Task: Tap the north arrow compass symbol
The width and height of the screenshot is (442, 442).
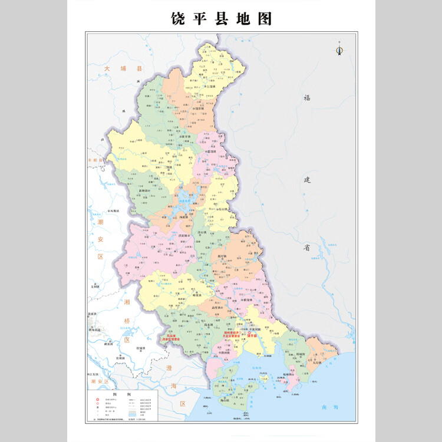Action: coord(339,50)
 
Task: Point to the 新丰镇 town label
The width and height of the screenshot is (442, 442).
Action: coord(184,136)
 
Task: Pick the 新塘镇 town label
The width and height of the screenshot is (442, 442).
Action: coord(144,191)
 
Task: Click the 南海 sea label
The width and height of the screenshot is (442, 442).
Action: coord(327,407)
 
